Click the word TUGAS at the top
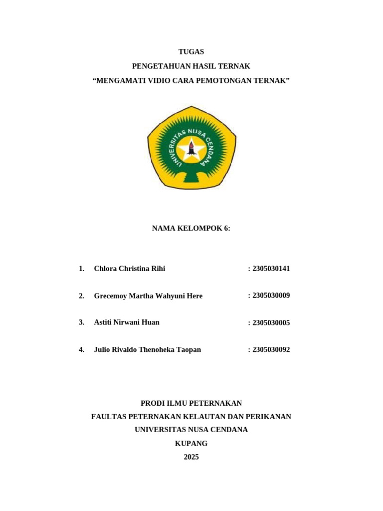(191, 52)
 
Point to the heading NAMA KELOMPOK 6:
(191, 229)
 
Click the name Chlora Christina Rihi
(129, 268)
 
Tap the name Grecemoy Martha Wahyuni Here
(148, 296)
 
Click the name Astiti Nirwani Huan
(127, 322)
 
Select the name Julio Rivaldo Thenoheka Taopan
(147, 350)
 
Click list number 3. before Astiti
(81, 322)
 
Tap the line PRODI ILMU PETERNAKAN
(191, 403)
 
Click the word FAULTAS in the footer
(109, 417)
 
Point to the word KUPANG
(191, 444)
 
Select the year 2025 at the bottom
(191, 457)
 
